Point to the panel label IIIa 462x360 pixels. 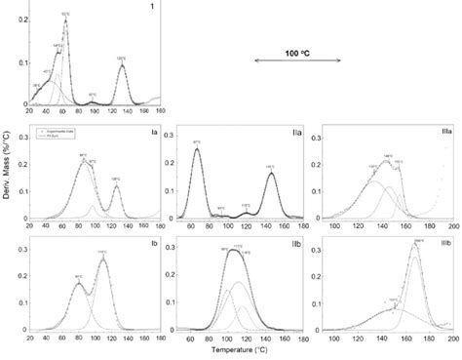pos(443,131)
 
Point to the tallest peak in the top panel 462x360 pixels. pos(65,20)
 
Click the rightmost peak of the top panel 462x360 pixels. pos(122,66)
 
